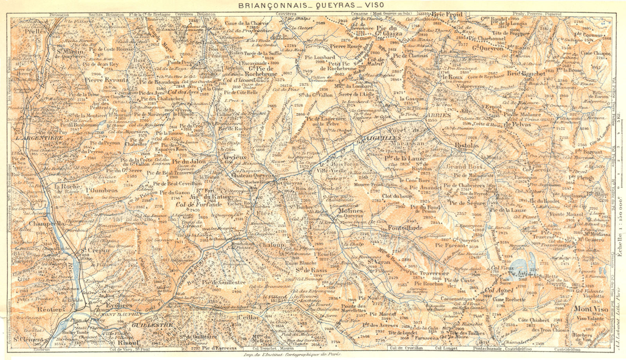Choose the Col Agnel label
pyautogui.click(x=499, y=291)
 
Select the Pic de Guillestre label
pyautogui.click(x=224, y=282)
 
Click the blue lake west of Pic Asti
pyautogui.click(x=520, y=264)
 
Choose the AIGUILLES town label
pyautogui.click(x=382, y=139)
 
